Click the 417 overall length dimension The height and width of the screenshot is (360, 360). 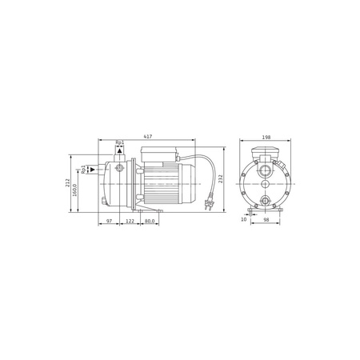(148, 137)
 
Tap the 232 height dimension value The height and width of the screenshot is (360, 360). (221, 179)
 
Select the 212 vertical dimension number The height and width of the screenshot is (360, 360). (67, 182)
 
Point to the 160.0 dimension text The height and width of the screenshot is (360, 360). (75, 190)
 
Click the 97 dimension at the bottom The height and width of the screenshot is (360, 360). (109, 221)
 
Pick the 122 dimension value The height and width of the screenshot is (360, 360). (130, 221)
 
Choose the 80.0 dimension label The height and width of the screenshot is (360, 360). (150, 221)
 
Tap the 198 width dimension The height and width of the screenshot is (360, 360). (266, 138)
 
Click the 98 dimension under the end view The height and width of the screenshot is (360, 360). (266, 219)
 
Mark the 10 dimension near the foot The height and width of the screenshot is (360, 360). (243, 219)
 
